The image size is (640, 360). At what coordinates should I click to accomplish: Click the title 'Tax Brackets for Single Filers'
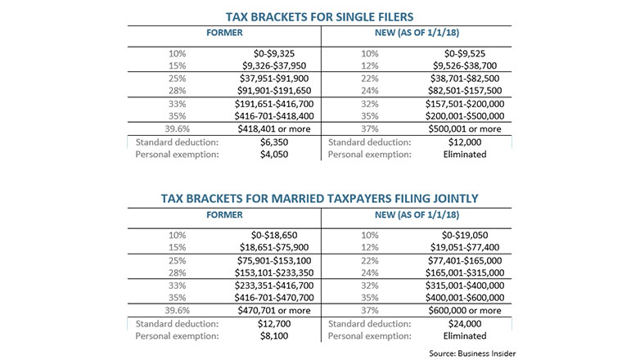tap(320, 17)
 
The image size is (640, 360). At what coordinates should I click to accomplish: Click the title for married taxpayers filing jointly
tap(320, 199)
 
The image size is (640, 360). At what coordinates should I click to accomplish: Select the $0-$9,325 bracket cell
tap(274, 53)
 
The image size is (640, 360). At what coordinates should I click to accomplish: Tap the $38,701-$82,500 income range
tap(465, 79)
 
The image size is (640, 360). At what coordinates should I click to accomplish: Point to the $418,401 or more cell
tap(274, 129)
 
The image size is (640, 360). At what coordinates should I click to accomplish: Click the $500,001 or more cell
tap(465, 129)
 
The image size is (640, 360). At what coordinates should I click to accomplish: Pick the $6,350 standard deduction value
tap(274, 142)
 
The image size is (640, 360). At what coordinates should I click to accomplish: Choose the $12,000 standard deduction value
tap(465, 142)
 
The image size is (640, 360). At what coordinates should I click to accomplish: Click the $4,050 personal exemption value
tap(274, 155)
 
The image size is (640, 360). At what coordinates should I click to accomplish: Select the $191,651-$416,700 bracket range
tap(274, 104)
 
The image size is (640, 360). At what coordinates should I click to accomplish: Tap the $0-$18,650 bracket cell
tap(274, 235)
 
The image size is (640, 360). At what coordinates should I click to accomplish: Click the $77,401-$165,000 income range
tap(465, 260)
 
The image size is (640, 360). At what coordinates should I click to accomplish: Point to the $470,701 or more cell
tap(274, 311)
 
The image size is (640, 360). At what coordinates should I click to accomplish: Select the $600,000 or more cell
tap(465, 311)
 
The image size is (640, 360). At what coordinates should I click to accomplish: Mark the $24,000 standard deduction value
tap(465, 324)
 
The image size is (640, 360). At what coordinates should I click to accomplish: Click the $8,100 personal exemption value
tap(274, 336)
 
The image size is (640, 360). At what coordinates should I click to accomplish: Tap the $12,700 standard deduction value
tap(274, 324)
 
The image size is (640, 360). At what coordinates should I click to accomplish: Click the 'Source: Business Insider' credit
tap(472, 353)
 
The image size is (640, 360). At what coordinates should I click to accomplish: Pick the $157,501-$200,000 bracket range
tap(465, 104)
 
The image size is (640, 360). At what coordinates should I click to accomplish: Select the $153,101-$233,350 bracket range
tap(274, 272)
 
